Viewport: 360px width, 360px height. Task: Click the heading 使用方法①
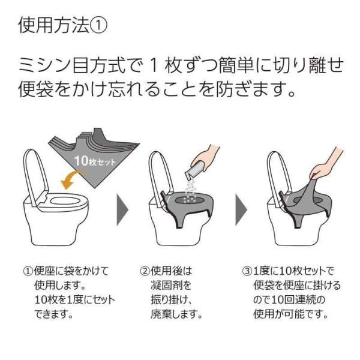63,25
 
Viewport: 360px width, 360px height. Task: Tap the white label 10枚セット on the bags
91,161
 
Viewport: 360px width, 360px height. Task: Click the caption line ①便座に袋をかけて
68,271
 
